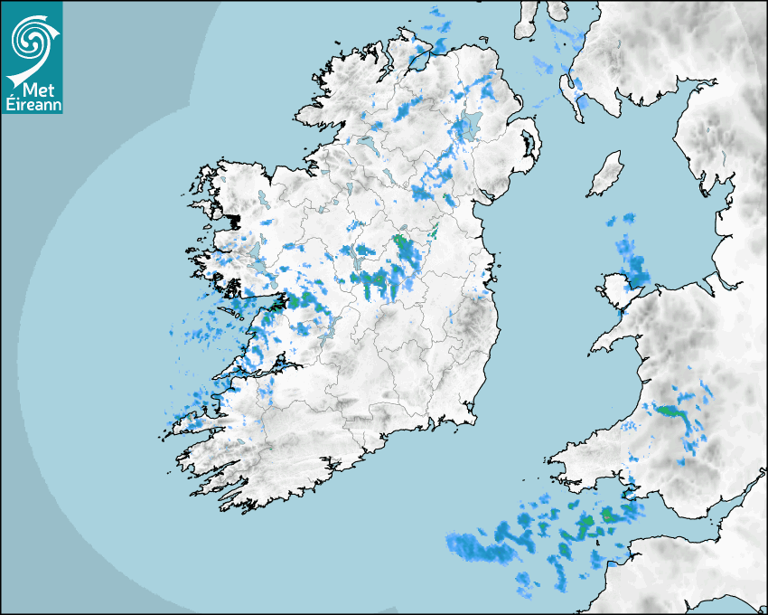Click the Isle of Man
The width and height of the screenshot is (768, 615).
tap(606, 174)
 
